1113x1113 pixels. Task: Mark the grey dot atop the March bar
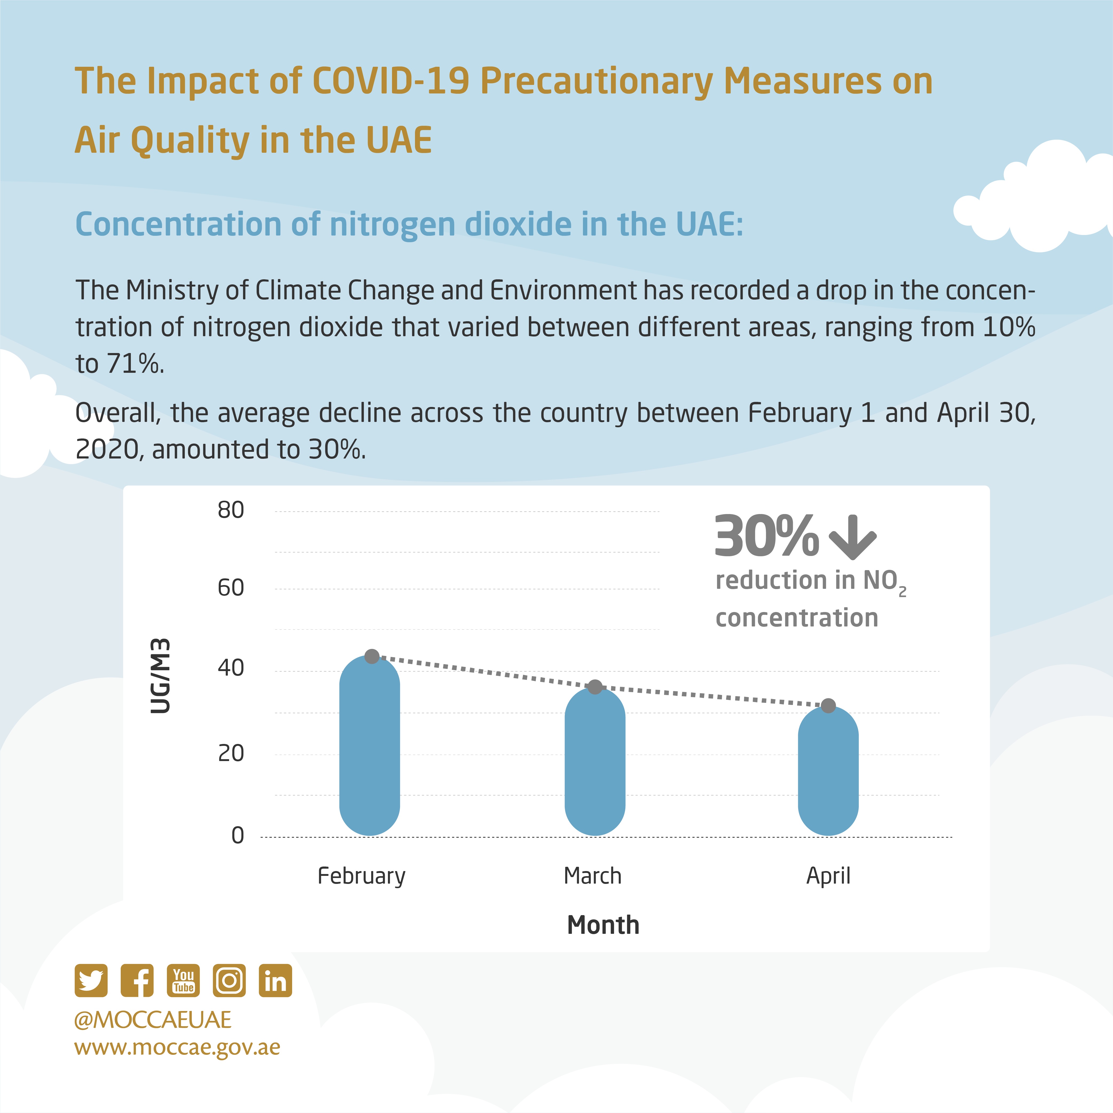pos(595,687)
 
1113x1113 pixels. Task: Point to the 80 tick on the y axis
pos(230,510)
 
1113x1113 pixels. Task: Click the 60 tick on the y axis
pos(230,588)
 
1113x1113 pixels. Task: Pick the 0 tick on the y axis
pos(237,835)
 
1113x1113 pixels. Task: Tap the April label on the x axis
pos(828,876)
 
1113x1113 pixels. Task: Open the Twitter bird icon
pos(91,981)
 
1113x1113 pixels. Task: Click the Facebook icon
pos(137,981)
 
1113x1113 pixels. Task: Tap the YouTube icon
pos(183,981)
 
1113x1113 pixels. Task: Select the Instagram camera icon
pos(229,981)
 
